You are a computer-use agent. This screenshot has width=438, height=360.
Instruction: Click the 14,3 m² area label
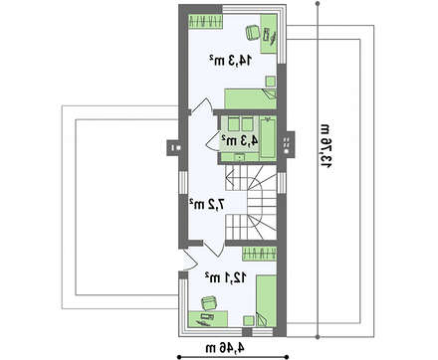(231, 60)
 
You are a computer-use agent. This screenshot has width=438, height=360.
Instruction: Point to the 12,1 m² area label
(226, 277)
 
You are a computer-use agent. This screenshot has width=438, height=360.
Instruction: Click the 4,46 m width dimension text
(225, 348)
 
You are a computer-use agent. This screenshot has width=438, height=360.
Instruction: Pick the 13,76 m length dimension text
(326, 145)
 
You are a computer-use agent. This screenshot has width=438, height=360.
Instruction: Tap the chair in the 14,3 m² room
(253, 32)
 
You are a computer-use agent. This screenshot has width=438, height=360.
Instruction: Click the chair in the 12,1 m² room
(209, 302)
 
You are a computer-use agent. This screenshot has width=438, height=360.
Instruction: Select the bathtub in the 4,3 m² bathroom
(268, 138)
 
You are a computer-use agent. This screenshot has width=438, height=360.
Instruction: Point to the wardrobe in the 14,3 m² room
(205, 22)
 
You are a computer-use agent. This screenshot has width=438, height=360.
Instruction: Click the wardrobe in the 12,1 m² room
(260, 255)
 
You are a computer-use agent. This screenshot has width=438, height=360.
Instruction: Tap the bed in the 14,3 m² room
(251, 98)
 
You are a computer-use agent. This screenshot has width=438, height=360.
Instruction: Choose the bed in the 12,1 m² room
(267, 300)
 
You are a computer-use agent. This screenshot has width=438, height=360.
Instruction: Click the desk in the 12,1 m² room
(208, 319)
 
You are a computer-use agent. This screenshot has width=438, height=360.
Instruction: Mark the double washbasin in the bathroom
(241, 124)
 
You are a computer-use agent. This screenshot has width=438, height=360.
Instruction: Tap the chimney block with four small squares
(287, 144)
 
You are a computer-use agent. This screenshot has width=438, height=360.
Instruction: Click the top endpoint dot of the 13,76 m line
(318, 4)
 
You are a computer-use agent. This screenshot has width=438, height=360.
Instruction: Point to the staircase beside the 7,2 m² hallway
(251, 202)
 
